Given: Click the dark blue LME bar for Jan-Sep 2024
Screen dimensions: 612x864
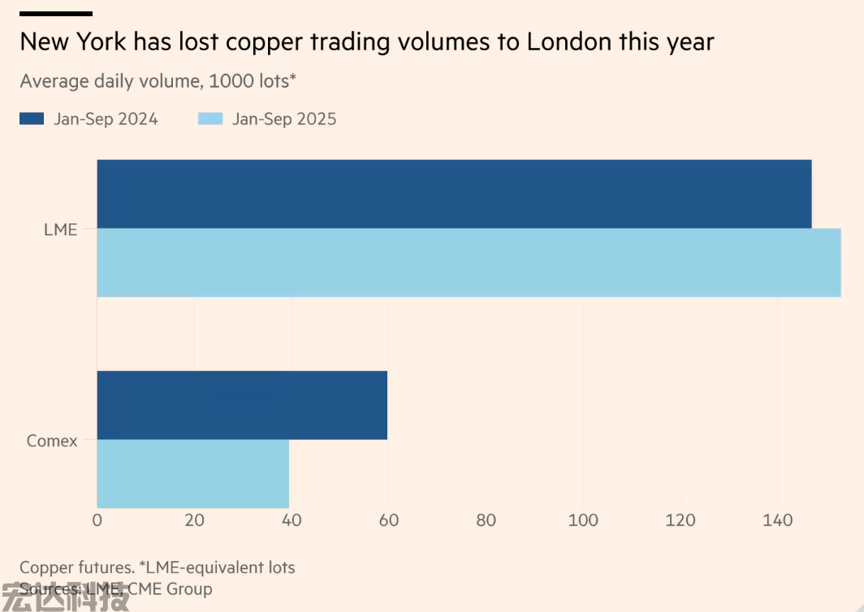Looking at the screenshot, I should [x=454, y=194].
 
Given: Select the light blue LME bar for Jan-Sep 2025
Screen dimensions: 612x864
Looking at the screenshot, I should [x=469, y=263].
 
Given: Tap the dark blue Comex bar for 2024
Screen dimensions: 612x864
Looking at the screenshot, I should [x=242, y=405].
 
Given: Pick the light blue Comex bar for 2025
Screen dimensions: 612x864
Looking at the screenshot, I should [x=192, y=474].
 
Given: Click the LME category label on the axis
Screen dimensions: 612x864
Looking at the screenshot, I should [x=60, y=230].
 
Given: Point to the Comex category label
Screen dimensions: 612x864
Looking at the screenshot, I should [x=52, y=442].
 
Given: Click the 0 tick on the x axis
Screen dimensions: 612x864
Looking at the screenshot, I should [x=97, y=520].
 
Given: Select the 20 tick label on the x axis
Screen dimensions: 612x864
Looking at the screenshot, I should [x=194, y=520].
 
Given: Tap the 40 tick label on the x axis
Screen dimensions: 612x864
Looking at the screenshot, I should [x=292, y=520].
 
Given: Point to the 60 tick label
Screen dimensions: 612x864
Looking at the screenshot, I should [x=389, y=520].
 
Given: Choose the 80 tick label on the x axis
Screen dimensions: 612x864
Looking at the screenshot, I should [x=486, y=520].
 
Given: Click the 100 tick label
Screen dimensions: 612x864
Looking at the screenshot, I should [x=583, y=520].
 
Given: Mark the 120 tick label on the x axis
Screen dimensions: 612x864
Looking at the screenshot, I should [x=680, y=520].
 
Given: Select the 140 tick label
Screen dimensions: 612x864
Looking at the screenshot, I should [x=777, y=520].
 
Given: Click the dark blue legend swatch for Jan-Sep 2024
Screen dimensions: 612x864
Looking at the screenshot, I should [x=32, y=119].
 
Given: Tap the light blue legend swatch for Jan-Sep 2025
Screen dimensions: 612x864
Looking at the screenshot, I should [x=210, y=119].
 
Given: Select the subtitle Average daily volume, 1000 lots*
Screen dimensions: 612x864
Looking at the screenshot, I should [x=158, y=81].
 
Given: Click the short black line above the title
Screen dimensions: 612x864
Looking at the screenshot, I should [x=56, y=14].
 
